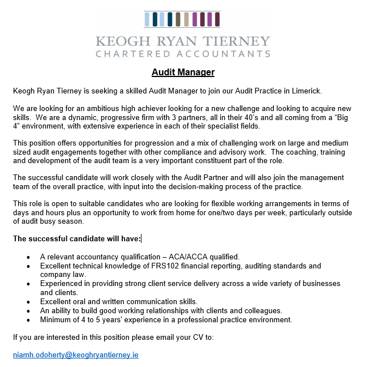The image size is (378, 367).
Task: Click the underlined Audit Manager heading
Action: click(183, 72)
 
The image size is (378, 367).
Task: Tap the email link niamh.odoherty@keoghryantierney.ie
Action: click(76, 355)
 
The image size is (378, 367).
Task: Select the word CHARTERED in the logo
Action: click(132, 54)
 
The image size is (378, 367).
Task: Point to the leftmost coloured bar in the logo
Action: click(148, 19)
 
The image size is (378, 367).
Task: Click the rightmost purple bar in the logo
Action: click(217, 19)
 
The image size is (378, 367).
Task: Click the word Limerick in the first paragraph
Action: click(324, 91)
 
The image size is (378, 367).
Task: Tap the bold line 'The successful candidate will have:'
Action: click(77, 238)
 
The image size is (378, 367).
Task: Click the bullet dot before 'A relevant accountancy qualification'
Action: click(28, 257)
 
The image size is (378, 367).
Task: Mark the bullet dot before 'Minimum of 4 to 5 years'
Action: click(28, 320)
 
